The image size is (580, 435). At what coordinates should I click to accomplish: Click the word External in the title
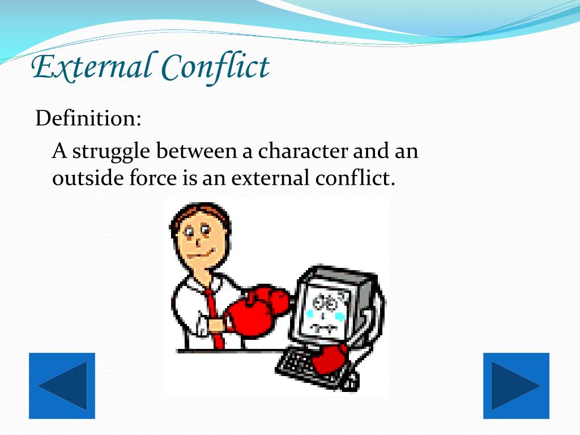[x=91, y=67]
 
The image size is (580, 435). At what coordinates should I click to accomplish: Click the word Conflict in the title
[x=215, y=67]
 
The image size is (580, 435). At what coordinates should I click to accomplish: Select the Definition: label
[x=88, y=118]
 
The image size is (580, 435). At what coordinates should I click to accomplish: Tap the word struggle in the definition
[x=111, y=152]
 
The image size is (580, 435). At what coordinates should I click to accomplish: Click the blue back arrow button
[x=62, y=386]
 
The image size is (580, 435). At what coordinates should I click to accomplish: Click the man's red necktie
[x=213, y=317]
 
